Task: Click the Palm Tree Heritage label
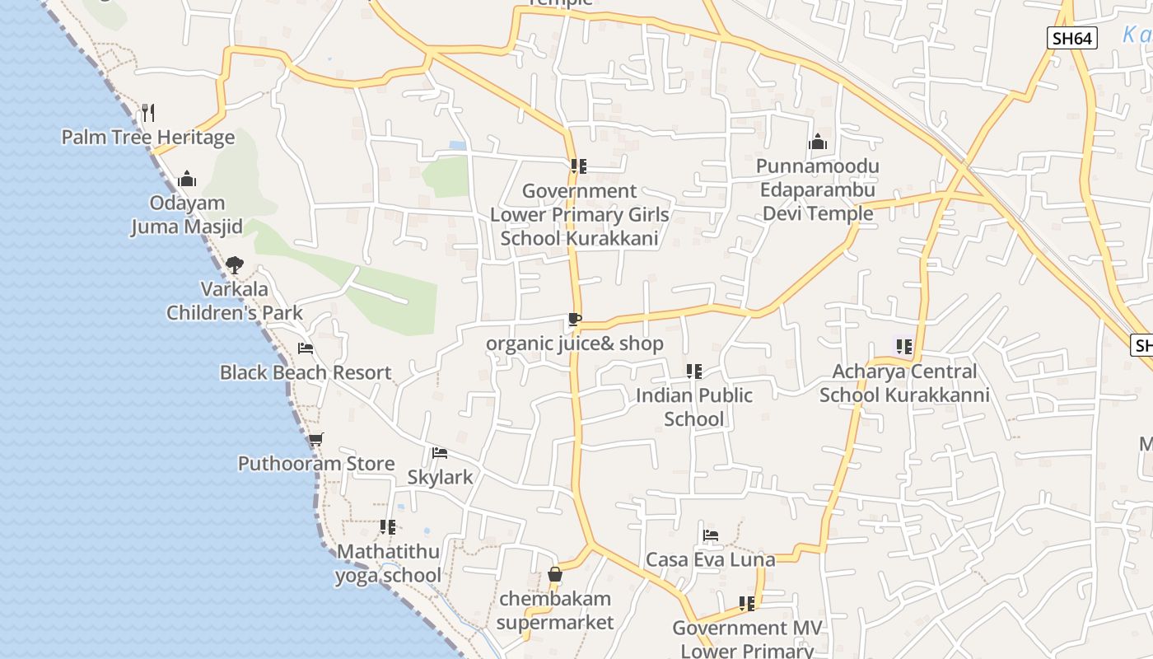tap(148, 138)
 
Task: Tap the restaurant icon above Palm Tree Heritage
tap(148, 111)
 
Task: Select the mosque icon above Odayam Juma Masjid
tap(187, 179)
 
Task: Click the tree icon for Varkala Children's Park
tap(235, 265)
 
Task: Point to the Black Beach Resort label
tap(306, 372)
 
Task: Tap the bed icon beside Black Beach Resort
tap(306, 348)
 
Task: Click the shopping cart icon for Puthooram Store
tap(315, 439)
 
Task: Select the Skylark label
tap(441, 477)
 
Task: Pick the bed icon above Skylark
tap(440, 453)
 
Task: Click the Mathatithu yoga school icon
tap(388, 526)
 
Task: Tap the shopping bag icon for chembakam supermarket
tap(555, 574)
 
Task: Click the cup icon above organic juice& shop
tap(574, 320)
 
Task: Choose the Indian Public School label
tap(694, 407)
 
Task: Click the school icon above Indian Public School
tap(694, 372)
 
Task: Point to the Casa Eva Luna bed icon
tap(711, 535)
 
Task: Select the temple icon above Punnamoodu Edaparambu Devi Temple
tap(817, 142)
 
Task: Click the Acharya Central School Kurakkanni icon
tap(904, 347)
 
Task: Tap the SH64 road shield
tap(1072, 38)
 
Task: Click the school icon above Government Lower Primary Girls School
tap(579, 166)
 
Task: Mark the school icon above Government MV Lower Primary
tap(747, 604)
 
